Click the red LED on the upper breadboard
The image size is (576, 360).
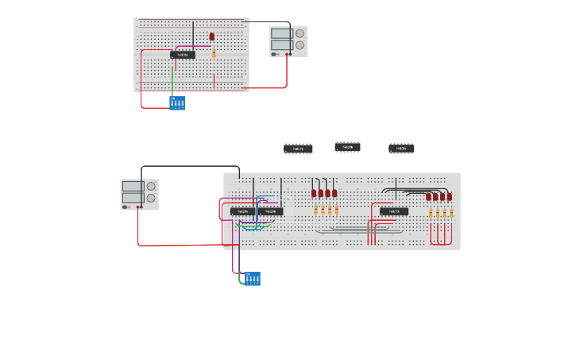[212, 37]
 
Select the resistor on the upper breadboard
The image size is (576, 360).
[214, 53]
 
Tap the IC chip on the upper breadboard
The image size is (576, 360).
[183, 55]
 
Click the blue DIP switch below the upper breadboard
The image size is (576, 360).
[177, 103]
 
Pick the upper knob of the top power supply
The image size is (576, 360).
[300, 33]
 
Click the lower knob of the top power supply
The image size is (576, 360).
[300, 45]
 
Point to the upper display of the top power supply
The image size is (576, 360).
[281, 34]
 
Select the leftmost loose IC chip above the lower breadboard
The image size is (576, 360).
[298, 149]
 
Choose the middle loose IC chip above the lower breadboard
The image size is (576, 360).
[347, 147]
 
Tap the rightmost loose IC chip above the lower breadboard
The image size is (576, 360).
[401, 149]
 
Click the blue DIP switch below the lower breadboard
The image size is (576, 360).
[253, 279]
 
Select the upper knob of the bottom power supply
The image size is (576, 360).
[151, 186]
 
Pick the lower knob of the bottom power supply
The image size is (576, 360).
[151, 198]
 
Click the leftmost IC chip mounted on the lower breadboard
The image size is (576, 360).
[242, 211]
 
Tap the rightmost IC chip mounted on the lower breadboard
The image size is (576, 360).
[394, 211]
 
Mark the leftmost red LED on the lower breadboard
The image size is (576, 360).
[314, 193]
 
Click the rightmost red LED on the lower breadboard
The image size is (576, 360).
[450, 197]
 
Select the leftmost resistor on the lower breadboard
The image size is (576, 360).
[315, 210]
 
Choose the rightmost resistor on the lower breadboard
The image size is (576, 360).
[451, 213]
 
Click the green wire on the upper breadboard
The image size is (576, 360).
[172, 79]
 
